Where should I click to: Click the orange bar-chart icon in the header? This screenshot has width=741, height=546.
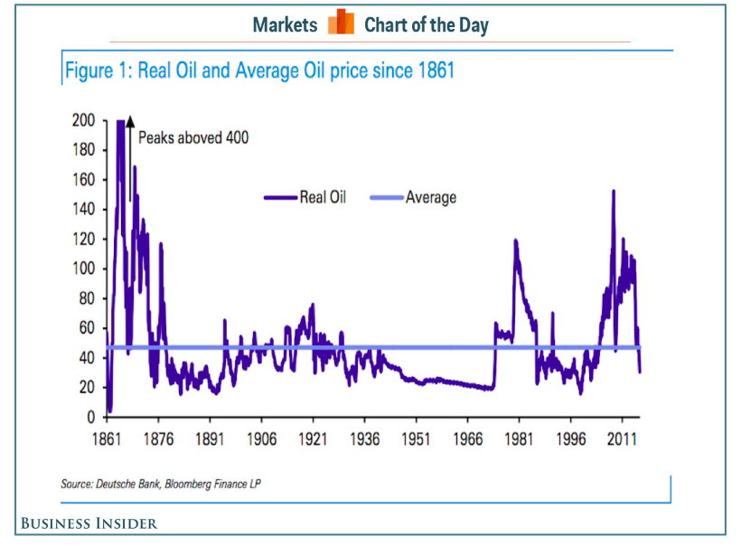[x=341, y=23]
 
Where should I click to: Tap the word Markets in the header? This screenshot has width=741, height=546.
[x=285, y=24]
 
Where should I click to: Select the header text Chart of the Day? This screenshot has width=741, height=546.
[x=426, y=24]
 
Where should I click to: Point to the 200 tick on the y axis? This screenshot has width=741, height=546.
[x=84, y=120]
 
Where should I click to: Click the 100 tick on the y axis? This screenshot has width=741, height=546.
[x=84, y=268]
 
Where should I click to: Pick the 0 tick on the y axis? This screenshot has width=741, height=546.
[x=90, y=417]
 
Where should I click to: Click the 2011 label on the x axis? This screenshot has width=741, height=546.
[x=621, y=438]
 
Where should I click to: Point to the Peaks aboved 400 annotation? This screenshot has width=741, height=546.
[x=192, y=138]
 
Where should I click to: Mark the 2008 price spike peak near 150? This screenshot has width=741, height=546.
[x=614, y=192]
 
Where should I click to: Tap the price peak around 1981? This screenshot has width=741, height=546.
[x=515, y=240]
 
